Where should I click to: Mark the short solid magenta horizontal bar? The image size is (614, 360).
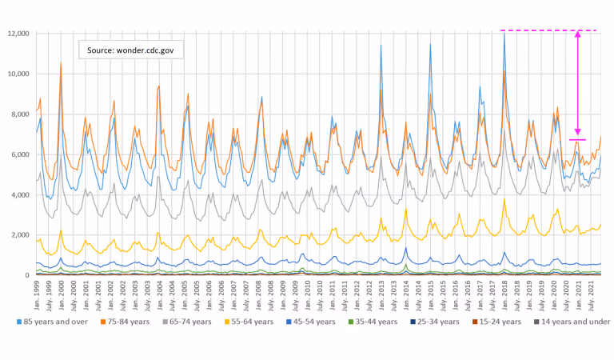click(x=577, y=139)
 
